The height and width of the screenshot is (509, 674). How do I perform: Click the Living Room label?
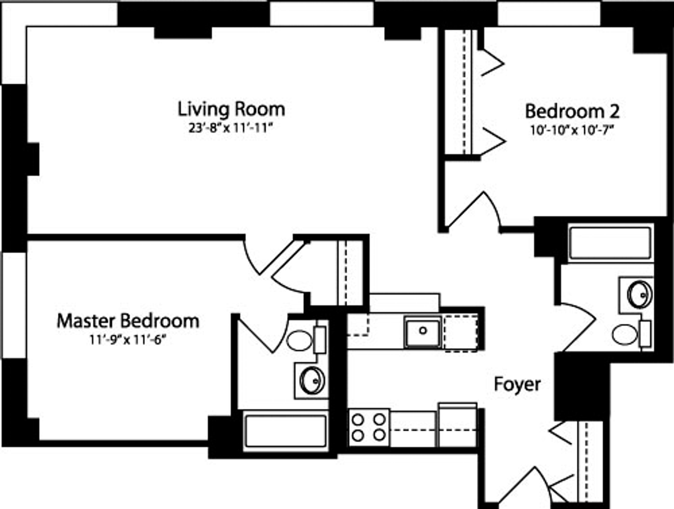click(x=231, y=110)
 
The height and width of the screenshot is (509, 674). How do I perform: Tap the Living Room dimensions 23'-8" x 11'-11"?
click(x=231, y=128)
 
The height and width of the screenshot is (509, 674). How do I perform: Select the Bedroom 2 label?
click(x=572, y=111)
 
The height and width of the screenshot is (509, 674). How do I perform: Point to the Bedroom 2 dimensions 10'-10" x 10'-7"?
click(x=572, y=130)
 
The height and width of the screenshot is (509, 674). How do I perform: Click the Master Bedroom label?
click(x=128, y=321)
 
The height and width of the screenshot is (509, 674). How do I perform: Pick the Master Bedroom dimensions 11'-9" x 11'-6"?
click(x=128, y=340)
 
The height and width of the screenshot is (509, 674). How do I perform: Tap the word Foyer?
click(x=517, y=385)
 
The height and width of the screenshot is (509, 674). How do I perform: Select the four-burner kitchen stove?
click(x=369, y=427)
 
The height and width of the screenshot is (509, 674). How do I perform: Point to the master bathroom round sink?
click(x=312, y=381)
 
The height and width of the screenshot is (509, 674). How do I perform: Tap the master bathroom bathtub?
click(x=285, y=431)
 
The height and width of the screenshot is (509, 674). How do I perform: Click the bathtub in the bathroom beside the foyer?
click(x=611, y=243)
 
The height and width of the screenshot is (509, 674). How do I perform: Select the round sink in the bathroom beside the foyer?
click(x=640, y=294)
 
